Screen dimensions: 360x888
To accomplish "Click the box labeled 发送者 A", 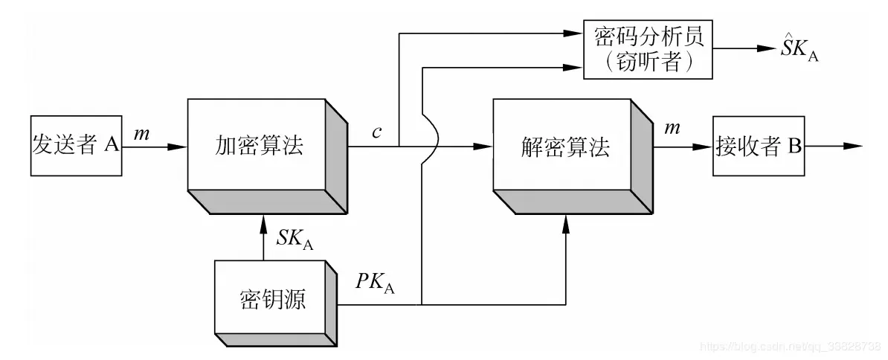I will [77, 145].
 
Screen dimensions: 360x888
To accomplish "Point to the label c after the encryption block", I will [377, 132].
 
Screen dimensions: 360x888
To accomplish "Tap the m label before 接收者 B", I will [672, 129].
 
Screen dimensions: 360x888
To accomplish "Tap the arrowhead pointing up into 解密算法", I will [566, 222].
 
